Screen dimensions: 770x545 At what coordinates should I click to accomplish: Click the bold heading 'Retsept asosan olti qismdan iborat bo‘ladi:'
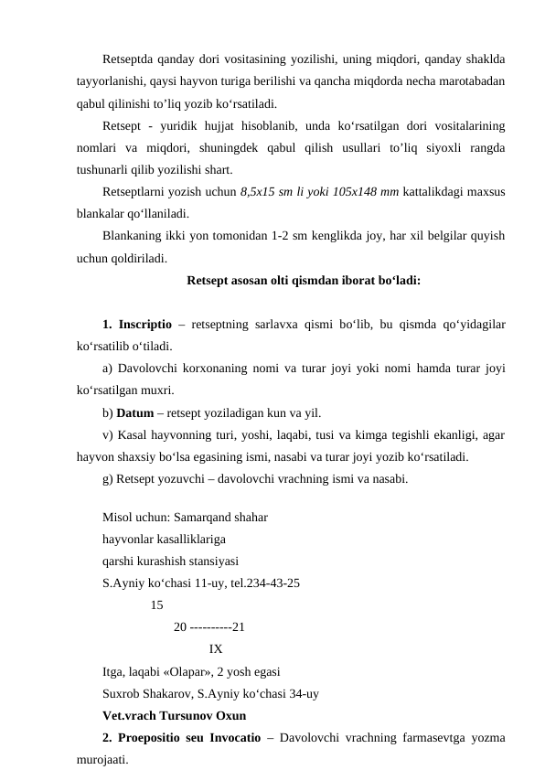tap(303, 281)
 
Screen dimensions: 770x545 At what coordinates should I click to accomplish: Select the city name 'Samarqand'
tap(203, 517)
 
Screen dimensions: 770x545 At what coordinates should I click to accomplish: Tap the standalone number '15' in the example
tap(156, 604)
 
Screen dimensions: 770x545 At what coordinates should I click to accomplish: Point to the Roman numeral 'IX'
tap(216, 649)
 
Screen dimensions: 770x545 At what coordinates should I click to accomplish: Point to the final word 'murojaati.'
tap(103, 759)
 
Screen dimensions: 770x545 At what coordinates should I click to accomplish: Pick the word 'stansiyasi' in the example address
tap(210, 561)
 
